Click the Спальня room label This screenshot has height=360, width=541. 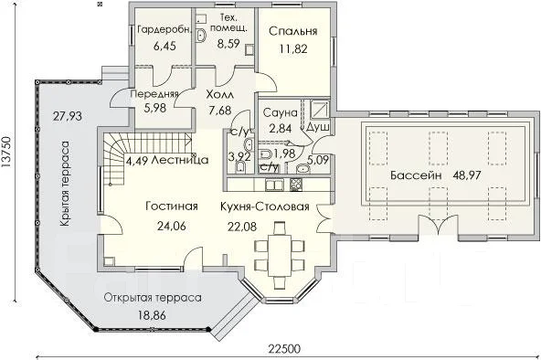pos(292,31)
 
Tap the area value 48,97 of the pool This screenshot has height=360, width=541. pos(466,175)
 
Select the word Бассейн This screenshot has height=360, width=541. pos(416,175)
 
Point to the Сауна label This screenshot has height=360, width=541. pos(280,112)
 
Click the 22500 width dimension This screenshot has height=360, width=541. pos(284,349)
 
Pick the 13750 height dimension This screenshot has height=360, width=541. pos(6,153)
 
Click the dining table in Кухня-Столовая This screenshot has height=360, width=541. pos(280,256)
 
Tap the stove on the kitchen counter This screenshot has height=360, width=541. pos(296,185)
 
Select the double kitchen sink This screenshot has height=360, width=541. pos(274,185)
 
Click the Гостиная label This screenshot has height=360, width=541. pos(172,206)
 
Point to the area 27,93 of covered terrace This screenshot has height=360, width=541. pos(68,116)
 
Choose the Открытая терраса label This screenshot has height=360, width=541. pos(153,298)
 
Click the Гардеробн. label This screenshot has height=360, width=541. pos(164,30)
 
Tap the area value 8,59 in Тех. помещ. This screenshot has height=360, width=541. pos(228,44)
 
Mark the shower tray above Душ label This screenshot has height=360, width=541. pos(319,109)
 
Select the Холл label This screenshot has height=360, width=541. pos(219,94)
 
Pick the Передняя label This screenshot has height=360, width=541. pos(154,94)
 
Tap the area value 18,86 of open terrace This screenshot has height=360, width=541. pos(152,315)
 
